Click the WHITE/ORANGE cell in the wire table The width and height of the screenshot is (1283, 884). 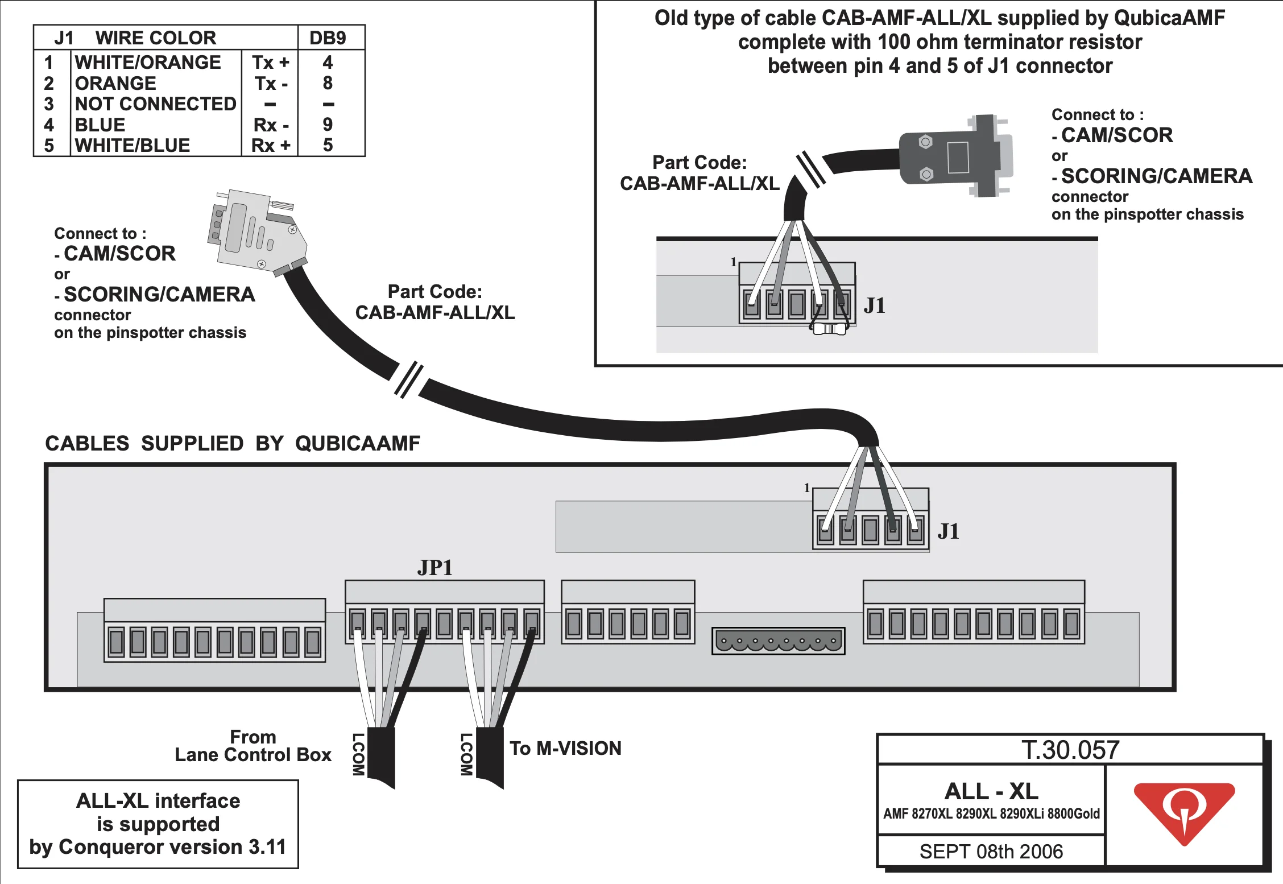(x=148, y=63)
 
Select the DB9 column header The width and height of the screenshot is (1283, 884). (x=328, y=38)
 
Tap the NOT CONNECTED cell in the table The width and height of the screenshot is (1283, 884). (x=155, y=104)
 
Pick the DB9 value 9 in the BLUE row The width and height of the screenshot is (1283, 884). (x=328, y=125)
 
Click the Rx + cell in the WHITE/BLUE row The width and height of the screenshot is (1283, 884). (x=271, y=146)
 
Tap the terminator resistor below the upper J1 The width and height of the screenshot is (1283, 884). (x=830, y=329)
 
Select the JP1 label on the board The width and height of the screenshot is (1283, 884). (x=435, y=568)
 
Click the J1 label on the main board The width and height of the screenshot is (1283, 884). (x=948, y=531)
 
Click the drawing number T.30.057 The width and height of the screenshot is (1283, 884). (x=1070, y=750)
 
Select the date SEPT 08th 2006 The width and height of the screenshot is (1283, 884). (x=991, y=852)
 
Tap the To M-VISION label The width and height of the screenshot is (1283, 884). (x=565, y=749)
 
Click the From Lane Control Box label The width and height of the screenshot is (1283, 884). (x=253, y=746)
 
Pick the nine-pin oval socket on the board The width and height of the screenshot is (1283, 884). (x=779, y=641)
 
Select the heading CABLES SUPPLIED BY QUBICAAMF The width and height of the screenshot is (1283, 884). (x=233, y=444)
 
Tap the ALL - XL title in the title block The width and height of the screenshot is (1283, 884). (x=991, y=791)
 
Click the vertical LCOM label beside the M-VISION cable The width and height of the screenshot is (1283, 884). (x=466, y=754)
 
